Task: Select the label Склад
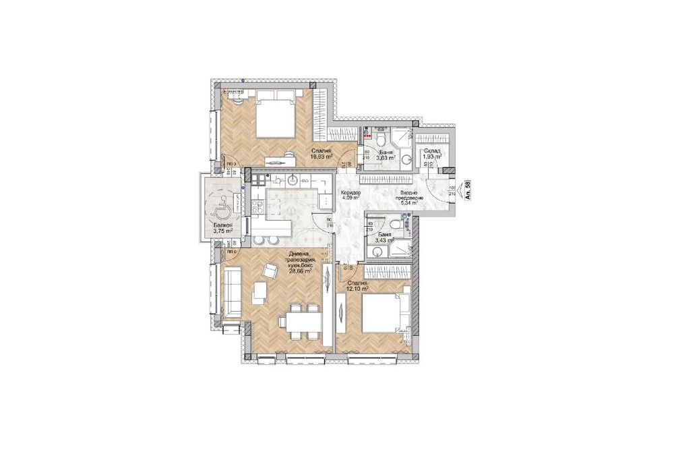tap(431, 150)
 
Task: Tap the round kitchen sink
tap(293, 181)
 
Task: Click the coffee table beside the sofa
tap(259, 293)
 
